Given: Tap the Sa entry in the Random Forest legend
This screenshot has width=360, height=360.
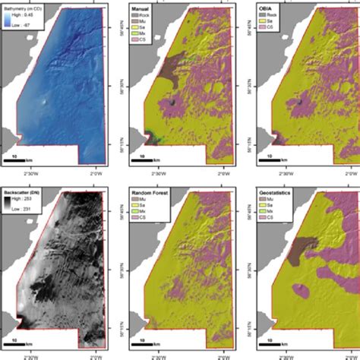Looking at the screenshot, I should [140, 205].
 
